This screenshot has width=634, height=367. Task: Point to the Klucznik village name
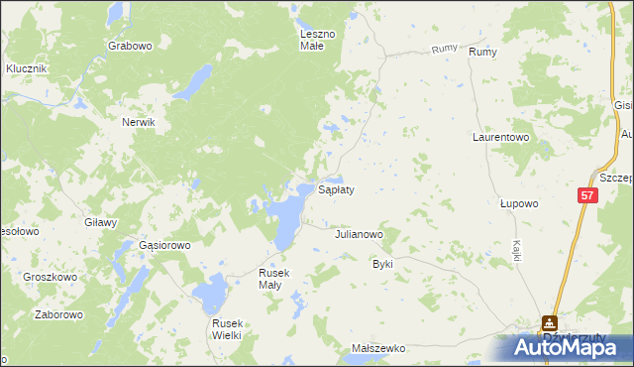(27, 68)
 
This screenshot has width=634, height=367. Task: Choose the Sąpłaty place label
(336, 187)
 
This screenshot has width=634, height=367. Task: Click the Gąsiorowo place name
(163, 245)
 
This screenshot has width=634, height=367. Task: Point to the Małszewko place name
(379, 349)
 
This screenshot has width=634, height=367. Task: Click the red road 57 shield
(587, 197)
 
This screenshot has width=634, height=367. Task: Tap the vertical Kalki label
(517, 250)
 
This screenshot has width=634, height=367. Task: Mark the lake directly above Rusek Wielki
(210, 293)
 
